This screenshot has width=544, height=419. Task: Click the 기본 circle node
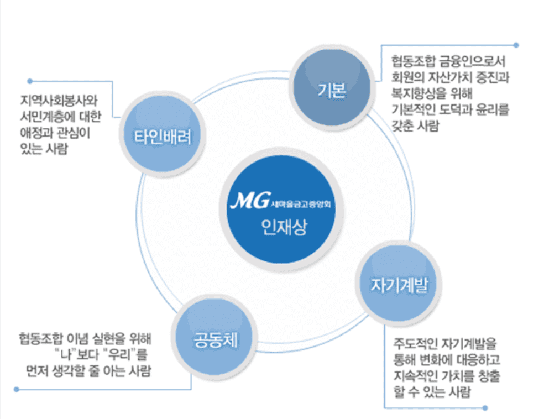[332, 91]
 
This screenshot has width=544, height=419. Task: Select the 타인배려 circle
[162, 137]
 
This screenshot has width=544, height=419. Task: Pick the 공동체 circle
[215, 339]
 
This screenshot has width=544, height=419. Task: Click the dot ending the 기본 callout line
[516, 44]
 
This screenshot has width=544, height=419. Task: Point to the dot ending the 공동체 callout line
[17, 389]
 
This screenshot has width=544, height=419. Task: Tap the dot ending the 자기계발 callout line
[485, 408]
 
